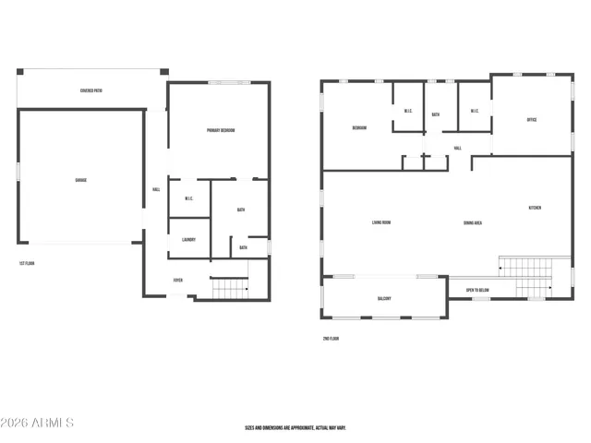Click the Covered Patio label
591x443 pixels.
90,90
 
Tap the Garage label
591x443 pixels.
81,179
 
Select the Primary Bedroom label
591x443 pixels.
221,130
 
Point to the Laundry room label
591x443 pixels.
188,240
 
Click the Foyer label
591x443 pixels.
178,281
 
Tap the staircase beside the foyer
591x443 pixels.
230,289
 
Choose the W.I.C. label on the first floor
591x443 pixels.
188,198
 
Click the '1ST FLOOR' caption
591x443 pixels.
28,264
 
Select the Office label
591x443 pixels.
532,120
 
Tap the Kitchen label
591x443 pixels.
535,208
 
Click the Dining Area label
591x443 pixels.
474,222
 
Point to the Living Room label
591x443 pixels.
380,222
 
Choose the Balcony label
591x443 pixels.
383,298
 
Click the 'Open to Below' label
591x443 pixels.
477,291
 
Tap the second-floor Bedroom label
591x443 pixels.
359,128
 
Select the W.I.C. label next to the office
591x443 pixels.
474,112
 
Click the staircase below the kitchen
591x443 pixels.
524,268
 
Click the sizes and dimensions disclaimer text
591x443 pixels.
295,428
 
